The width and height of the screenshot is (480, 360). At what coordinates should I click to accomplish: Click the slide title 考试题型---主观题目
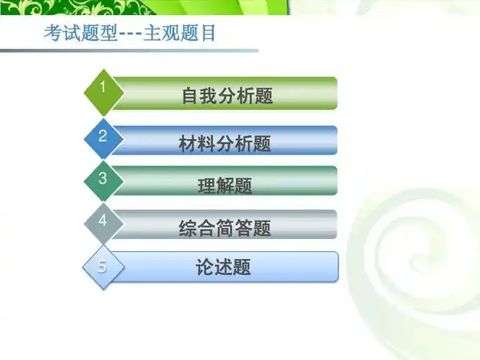[130, 34]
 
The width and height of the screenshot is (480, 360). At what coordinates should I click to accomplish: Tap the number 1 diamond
[103, 91]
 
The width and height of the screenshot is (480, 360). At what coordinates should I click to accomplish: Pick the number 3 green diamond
[103, 179]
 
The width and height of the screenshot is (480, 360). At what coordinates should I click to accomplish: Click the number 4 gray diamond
[103, 222]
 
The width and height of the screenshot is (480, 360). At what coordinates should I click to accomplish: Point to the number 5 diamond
[103, 266]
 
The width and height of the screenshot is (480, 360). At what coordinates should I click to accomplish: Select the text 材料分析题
[225, 143]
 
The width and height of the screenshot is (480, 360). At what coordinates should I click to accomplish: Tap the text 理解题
[225, 186]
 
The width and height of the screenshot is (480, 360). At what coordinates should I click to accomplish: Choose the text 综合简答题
[225, 228]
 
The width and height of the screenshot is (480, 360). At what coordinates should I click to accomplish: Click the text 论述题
[224, 267]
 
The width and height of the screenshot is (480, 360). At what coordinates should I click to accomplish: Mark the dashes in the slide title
[130, 35]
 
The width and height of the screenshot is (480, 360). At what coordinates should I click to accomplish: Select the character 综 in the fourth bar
[188, 228]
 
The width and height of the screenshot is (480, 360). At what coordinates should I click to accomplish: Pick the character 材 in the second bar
[188, 143]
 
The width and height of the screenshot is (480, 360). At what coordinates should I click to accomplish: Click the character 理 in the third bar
[207, 186]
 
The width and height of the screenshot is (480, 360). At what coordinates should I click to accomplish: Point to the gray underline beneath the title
[130, 50]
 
